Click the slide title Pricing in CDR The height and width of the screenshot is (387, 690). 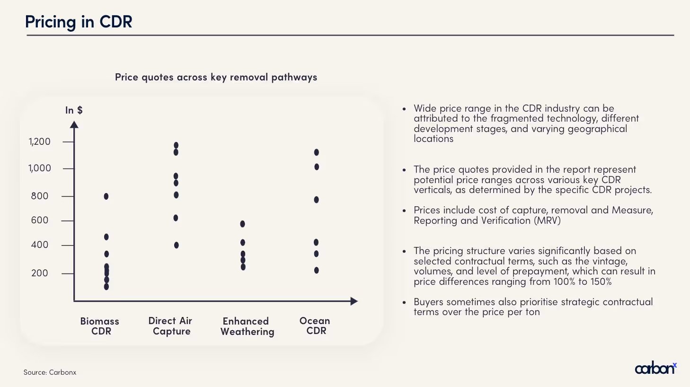pyautogui.click(x=79, y=22)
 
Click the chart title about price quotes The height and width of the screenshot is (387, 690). pyautogui.click(x=216, y=77)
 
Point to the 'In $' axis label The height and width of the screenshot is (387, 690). pyautogui.click(x=74, y=110)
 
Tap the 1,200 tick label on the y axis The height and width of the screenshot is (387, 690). pyautogui.click(x=40, y=141)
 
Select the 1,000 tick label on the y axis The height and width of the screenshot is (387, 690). pyautogui.click(x=40, y=168)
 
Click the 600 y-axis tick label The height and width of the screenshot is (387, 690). pyautogui.click(x=40, y=220)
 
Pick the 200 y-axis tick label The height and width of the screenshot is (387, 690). pyautogui.click(x=40, y=273)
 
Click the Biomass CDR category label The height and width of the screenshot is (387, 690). pyautogui.click(x=100, y=326)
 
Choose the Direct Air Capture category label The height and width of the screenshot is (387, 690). pyautogui.click(x=170, y=326)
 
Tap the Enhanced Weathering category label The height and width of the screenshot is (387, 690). pyautogui.click(x=247, y=326)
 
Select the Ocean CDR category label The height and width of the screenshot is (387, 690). pyautogui.click(x=315, y=325)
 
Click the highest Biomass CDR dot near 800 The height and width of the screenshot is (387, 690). pyautogui.click(x=106, y=196)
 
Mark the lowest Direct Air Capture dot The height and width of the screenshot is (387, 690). pyautogui.click(x=177, y=245)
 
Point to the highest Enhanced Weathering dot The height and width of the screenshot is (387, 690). pyautogui.click(x=243, y=224)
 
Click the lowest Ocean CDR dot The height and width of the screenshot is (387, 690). pyautogui.click(x=317, y=270)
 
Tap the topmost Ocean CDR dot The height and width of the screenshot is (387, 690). pyautogui.click(x=317, y=152)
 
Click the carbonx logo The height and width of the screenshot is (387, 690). pyautogui.click(x=655, y=368)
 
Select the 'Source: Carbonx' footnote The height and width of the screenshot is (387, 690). pyautogui.click(x=50, y=372)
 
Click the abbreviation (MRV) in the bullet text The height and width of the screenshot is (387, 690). pyautogui.click(x=547, y=220)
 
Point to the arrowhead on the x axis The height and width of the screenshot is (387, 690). pyautogui.click(x=354, y=301)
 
